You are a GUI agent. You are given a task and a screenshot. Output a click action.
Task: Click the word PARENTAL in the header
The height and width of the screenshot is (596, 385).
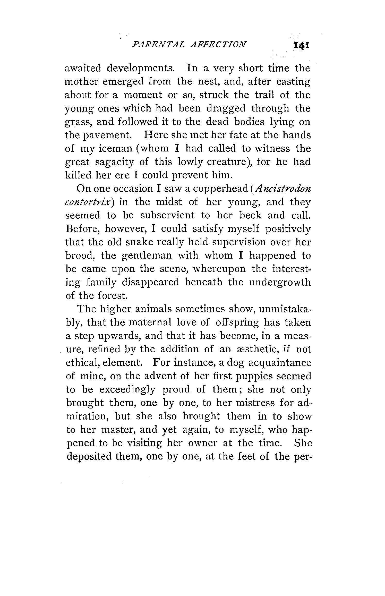coord(158,44)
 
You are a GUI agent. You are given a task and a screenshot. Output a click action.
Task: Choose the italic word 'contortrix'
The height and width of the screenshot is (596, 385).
coord(89,202)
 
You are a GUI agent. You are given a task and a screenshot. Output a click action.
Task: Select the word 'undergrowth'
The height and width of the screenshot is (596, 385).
coord(280,283)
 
